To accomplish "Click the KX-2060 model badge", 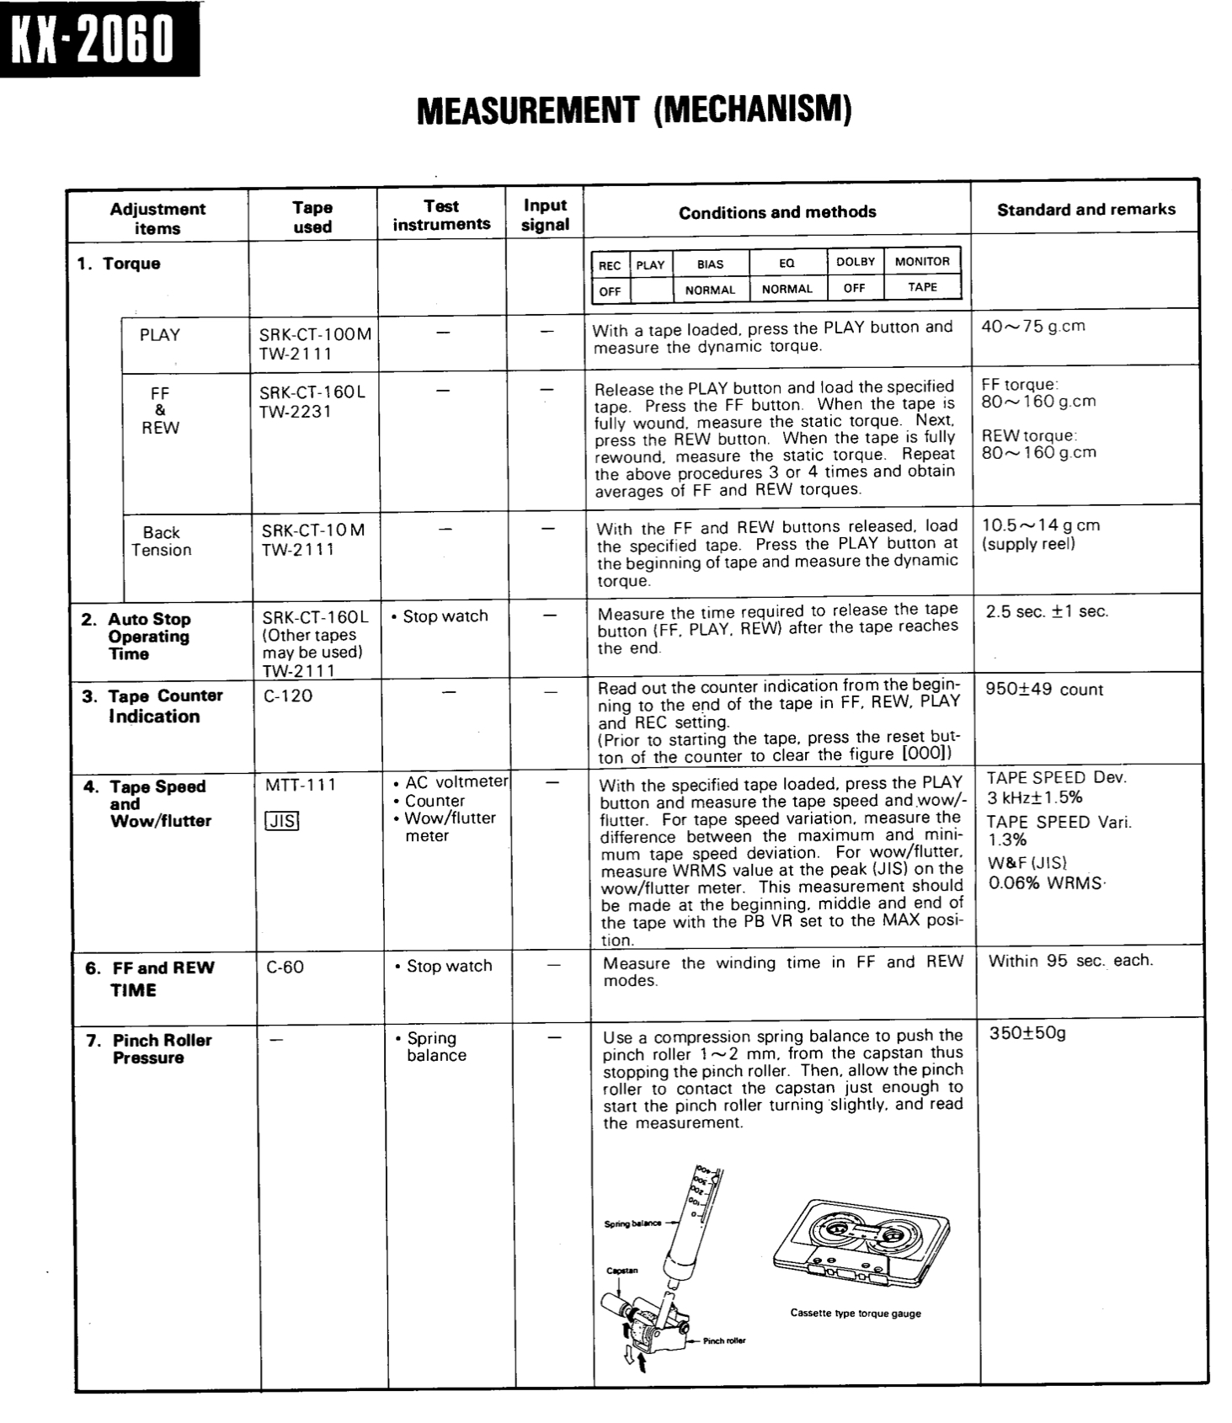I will coord(99,39).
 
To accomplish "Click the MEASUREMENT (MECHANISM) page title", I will coord(634,109).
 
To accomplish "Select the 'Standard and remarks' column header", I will coord(1085,210).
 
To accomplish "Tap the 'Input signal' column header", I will coord(545,215).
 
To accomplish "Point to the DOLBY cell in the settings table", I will coord(855,262).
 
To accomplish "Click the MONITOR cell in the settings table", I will coord(922,262).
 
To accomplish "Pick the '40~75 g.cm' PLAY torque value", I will coord(1033,327).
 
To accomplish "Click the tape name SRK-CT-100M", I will coord(315,333).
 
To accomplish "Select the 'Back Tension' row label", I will coord(161,541).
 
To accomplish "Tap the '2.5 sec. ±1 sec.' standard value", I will coord(1047,611).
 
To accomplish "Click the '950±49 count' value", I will coord(1043,690).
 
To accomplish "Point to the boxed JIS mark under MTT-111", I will coord(281,820).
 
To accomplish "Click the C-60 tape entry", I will coord(285,967).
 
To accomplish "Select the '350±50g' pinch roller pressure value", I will coord(1027,1033).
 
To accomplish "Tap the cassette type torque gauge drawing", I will coord(859,1243).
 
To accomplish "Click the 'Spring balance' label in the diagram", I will coord(632,1223).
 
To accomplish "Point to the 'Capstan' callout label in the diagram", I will coord(621,1270).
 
